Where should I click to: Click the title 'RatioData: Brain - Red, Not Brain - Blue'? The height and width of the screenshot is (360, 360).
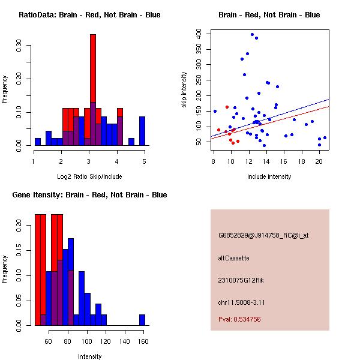pos(89,15)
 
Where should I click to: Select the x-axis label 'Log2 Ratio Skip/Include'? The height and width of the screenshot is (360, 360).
pos(89,176)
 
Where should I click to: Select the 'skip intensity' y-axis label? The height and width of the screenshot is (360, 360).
pos(185,90)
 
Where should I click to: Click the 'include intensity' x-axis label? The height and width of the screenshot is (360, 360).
pos(269,176)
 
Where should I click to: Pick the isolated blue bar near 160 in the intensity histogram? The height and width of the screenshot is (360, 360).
pos(142,320)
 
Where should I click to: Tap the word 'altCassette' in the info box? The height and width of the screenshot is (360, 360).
pos(233,258)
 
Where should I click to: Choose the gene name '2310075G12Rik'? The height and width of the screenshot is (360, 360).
pos(239,280)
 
